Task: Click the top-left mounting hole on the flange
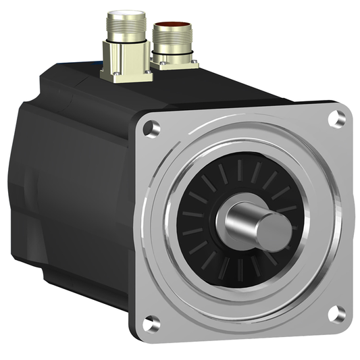click(x=153, y=126)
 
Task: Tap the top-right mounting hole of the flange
click(x=336, y=119)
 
